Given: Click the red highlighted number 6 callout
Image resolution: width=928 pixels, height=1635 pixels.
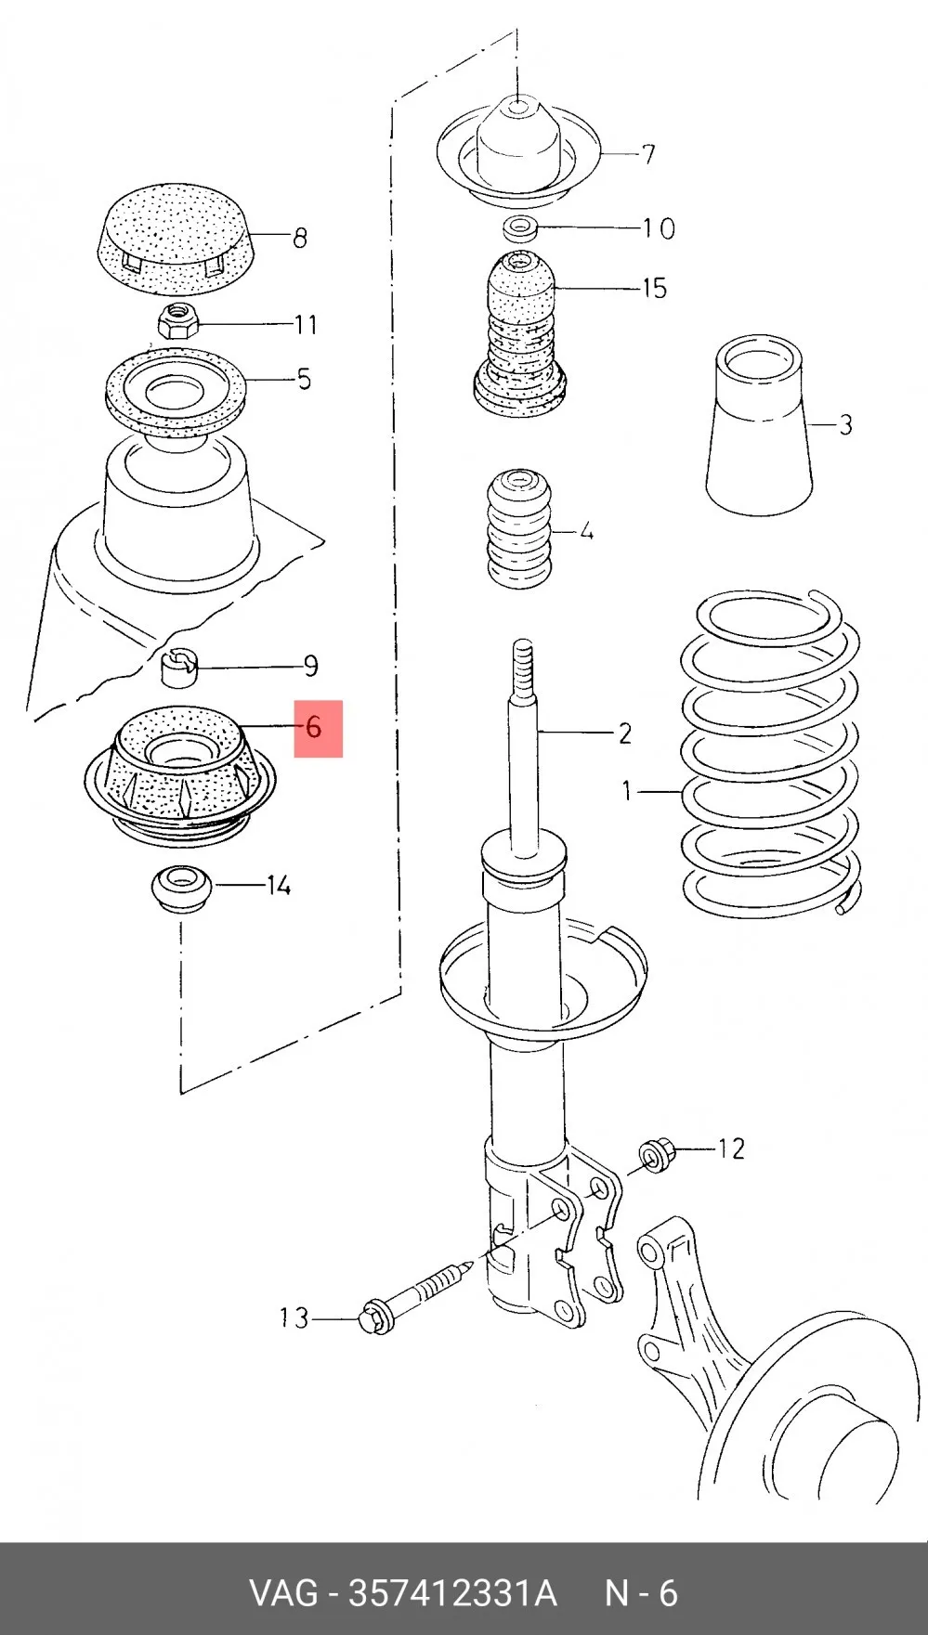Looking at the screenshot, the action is coord(319,729).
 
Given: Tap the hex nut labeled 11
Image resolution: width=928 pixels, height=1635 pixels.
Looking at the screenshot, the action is coord(176,321).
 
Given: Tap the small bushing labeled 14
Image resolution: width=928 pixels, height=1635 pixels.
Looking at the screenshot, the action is coord(181,888).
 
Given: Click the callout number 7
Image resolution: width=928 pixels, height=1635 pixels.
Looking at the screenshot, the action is coord(647,154).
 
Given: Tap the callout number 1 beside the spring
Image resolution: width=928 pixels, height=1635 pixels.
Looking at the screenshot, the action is coord(627,791).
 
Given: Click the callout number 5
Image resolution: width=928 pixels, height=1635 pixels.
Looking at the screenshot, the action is coord(304,379).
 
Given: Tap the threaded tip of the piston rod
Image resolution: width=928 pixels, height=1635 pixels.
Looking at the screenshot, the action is coord(523,667).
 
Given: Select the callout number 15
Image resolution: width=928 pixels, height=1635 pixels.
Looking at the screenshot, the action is coord(654,288).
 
